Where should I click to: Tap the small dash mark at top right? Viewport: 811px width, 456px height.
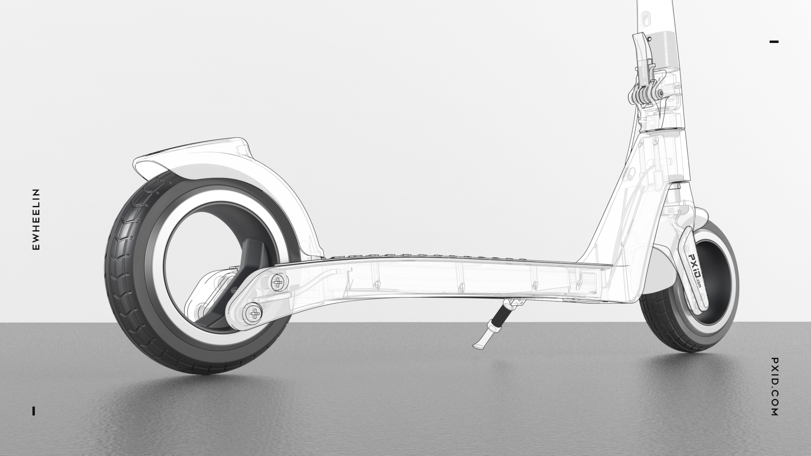tap(774, 41)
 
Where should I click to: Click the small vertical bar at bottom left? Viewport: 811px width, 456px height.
tap(34, 411)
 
